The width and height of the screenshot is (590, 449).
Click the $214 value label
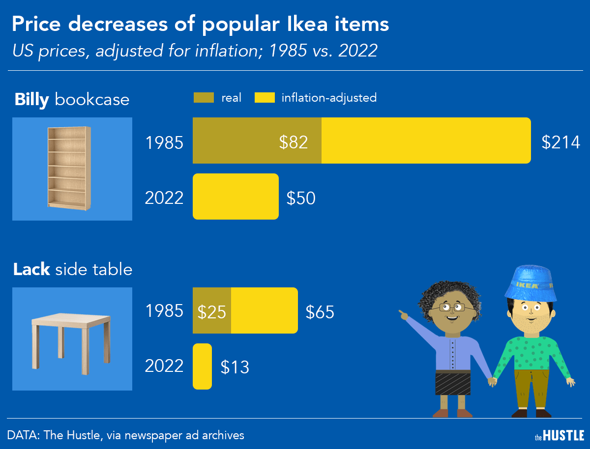pyautogui.click(x=560, y=142)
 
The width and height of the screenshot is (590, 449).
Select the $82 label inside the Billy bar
pyautogui.click(x=294, y=142)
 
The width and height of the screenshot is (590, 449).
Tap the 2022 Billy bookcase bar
pyautogui.click(x=236, y=196)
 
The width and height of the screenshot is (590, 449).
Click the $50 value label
pyautogui.click(x=301, y=198)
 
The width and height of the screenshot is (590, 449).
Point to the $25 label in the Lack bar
pyautogui.click(x=211, y=311)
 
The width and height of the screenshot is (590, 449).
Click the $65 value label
pyautogui.click(x=320, y=312)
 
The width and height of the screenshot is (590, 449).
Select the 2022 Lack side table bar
pyautogui.click(x=202, y=366)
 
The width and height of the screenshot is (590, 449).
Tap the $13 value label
pyautogui.click(x=235, y=367)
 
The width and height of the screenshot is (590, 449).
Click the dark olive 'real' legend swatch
pyautogui.click(x=203, y=98)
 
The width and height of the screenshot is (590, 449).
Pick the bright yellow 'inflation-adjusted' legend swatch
pyautogui.click(x=264, y=98)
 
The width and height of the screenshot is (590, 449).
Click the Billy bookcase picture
pyautogui.click(x=72, y=168)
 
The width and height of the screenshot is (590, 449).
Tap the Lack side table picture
pyautogui.click(x=72, y=339)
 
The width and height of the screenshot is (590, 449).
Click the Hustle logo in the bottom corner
pyautogui.click(x=559, y=435)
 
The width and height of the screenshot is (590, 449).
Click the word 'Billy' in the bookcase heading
pyautogui.click(x=31, y=100)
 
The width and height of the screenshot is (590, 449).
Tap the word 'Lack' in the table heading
pyautogui.click(x=31, y=269)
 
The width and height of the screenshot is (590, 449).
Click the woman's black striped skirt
pyautogui.click(x=452, y=383)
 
